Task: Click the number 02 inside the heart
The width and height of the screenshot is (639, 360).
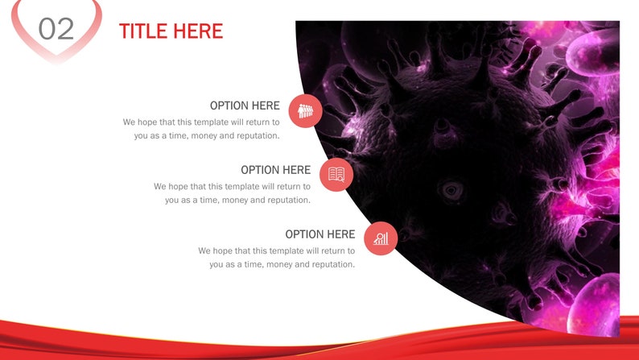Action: click(x=56, y=29)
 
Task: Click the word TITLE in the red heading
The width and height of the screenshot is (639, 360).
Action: click(x=145, y=31)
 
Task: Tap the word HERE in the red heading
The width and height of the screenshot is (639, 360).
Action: click(x=199, y=31)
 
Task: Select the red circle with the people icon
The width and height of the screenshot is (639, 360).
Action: click(x=306, y=111)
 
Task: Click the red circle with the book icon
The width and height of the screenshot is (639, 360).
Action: click(x=336, y=175)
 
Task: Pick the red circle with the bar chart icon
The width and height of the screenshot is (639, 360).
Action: click(x=381, y=238)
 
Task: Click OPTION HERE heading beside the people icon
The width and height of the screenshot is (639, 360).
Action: click(x=245, y=106)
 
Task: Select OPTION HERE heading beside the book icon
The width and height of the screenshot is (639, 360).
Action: click(x=275, y=170)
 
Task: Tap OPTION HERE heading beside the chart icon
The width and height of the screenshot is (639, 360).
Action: click(x=319, y=234)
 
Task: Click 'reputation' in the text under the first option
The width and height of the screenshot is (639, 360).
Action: click(x=255, y=136)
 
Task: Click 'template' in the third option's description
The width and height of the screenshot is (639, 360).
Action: click(x=303, y=250)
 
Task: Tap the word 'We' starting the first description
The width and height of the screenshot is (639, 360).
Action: click(x=130, y=122)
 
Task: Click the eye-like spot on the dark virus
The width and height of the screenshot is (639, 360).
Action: click(x=450, y=191)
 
